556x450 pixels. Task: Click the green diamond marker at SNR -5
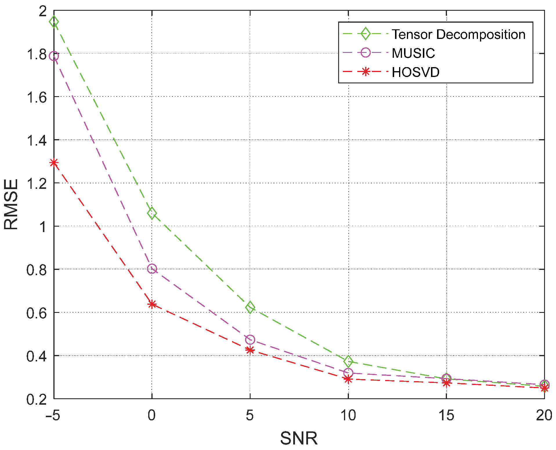(54, 22)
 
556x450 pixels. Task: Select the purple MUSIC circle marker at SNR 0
(152, 268)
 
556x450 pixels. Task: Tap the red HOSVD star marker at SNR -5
(54, 163)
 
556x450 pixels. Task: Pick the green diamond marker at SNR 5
(250, 307)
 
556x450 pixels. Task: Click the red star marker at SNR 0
(152, 304)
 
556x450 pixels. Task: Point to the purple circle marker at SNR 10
(348, 373)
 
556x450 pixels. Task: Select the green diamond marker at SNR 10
(348, 361)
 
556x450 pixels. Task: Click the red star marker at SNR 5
(250, 350)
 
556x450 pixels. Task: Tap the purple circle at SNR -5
(54, 56)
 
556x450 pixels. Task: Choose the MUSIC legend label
(413, 53)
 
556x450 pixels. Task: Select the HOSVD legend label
(415, 72)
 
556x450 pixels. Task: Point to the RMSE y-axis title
(11, 204)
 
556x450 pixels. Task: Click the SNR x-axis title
(299, 438)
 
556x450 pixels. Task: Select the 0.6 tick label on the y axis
(37, 313)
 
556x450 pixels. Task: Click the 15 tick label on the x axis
(446, 415)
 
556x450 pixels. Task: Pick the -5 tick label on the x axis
(52, 415)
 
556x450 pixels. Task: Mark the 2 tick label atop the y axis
(43, 11)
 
